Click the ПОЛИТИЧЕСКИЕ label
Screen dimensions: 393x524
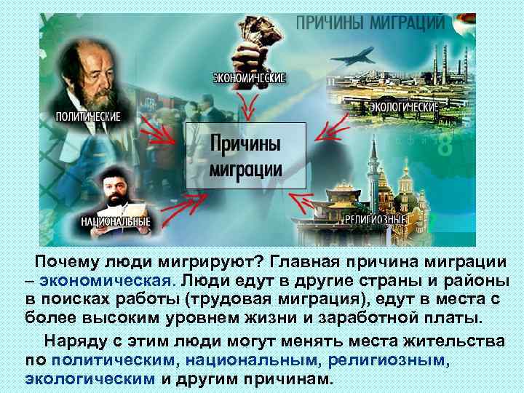[x=88, y=116]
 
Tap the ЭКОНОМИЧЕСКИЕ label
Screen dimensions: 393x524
[x=250, y=76]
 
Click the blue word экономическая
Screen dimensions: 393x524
[x=107, y=279]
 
